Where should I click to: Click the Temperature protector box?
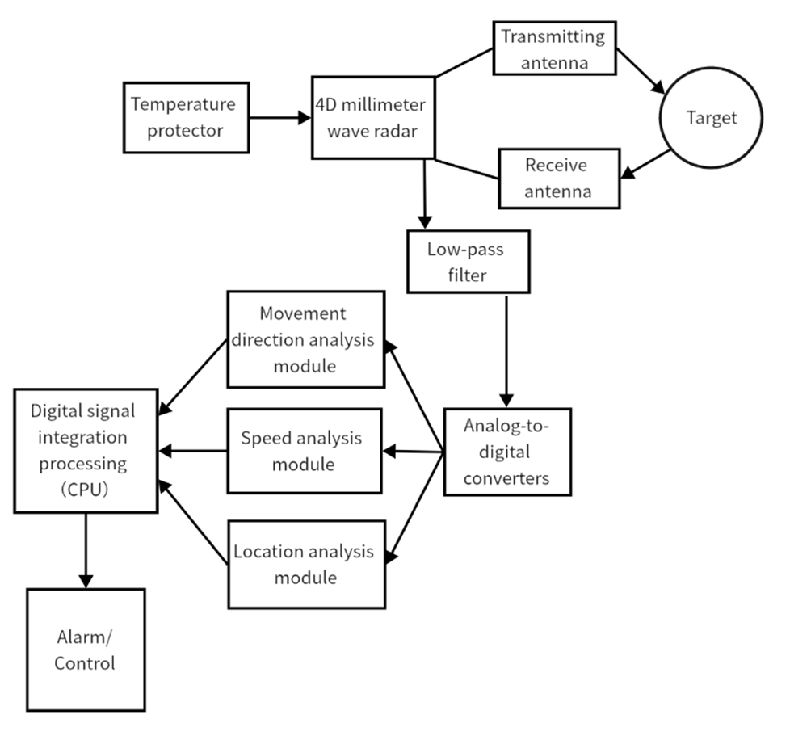[185, 117]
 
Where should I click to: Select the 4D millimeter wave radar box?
[373, 117]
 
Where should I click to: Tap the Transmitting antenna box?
[553, 48]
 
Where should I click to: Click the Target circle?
[711, 118]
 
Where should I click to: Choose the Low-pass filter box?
[469, 261]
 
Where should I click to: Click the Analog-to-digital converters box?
[507, 451]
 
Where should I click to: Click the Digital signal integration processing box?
[83, 451]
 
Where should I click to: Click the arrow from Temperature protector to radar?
[279, 118]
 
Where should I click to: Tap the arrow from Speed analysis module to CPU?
[194, 451]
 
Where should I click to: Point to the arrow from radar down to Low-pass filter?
[425, 194]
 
